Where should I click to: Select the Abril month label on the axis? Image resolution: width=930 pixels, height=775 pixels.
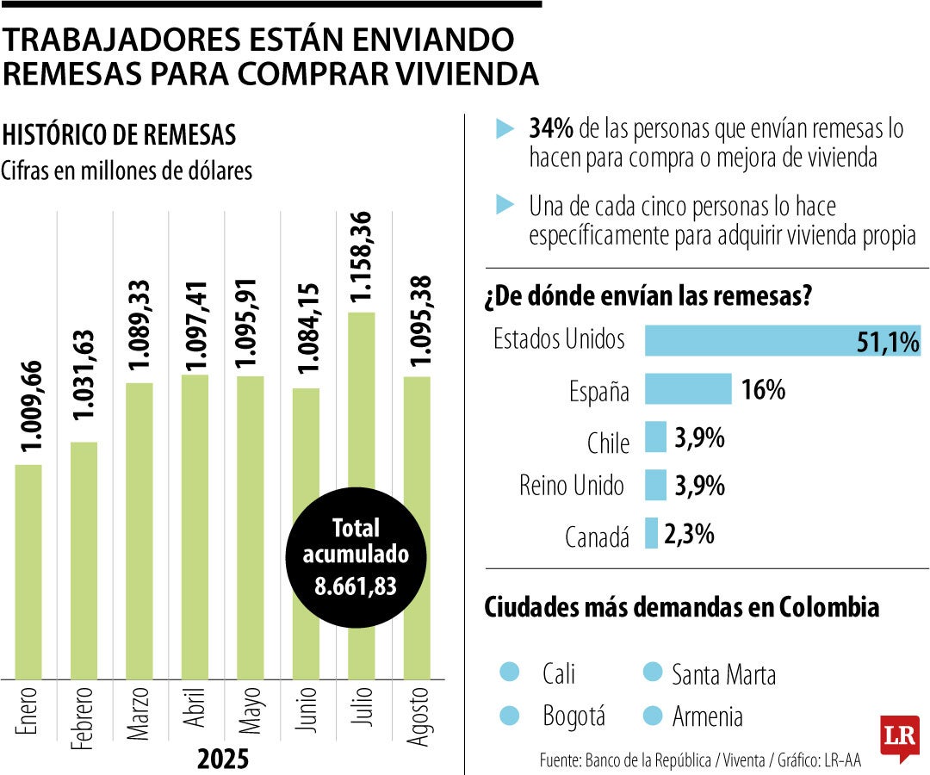coord(195,709)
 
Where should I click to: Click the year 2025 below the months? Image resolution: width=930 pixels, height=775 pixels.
coord(222,759)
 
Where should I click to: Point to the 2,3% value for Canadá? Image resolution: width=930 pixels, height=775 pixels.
coord(689,535)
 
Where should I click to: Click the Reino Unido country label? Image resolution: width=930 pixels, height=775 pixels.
coord(572,486)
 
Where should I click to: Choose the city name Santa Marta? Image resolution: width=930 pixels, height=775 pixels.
coord(723,674)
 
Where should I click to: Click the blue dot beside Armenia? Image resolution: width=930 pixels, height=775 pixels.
coord(653,714)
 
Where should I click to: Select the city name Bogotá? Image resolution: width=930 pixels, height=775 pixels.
coord(573,716)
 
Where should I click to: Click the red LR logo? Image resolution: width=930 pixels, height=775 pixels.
coord(899,737)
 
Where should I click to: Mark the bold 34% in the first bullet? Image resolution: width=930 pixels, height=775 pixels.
coord(551,129)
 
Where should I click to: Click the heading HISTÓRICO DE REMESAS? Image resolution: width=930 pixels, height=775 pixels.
coord(119,135)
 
